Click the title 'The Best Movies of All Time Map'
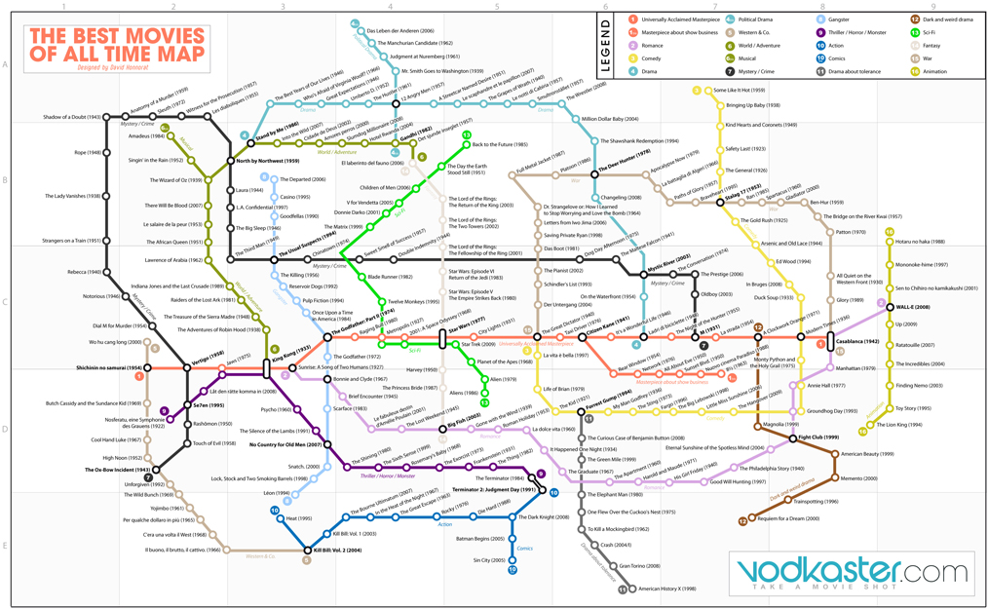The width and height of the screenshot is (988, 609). point(117,43)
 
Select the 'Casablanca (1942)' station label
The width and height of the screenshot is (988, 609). point(857,342)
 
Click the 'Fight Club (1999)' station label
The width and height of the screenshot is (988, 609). point(818,438)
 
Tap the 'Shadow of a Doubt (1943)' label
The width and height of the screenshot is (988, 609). point(73,117)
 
